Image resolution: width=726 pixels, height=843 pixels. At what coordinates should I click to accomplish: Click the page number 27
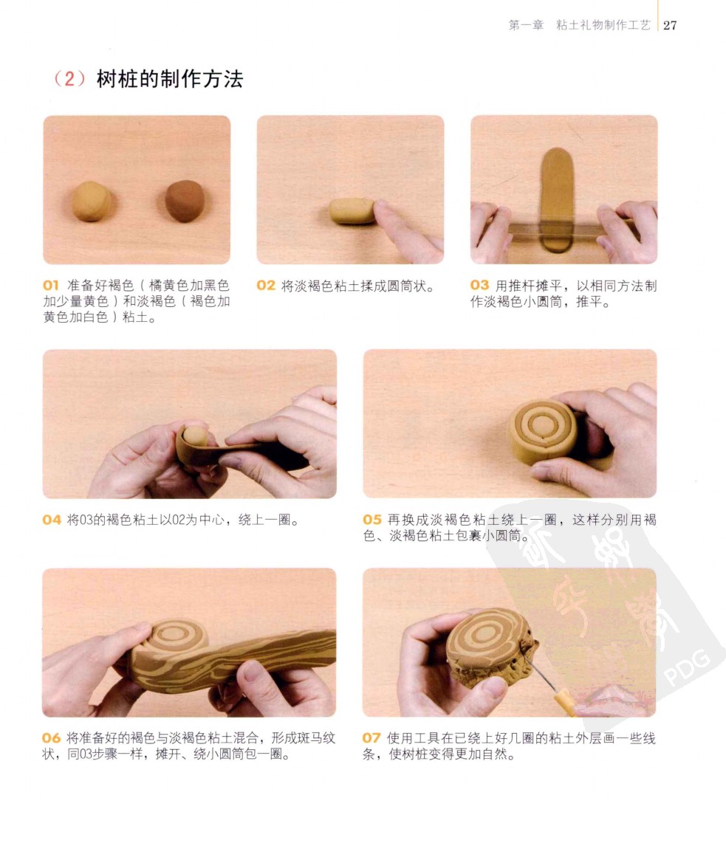click(670, 25)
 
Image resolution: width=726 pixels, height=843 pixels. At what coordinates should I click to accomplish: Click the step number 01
click(50, 285)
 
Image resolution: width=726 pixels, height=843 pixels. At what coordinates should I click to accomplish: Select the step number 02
click(266, 286)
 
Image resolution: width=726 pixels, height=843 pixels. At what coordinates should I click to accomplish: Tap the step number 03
click(479, 285)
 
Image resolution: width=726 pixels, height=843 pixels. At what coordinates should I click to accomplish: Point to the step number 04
click(52, 520)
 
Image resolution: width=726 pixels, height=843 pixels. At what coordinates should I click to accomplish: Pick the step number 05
click(372, 520)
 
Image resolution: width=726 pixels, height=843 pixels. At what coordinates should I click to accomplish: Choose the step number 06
click(51, 738)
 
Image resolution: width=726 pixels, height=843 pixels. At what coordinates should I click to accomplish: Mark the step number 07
click(371, 738)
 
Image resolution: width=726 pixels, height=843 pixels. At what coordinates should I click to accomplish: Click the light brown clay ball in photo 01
click(92, 201)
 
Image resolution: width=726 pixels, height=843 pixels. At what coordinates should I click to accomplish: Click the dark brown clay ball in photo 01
click(185, 201)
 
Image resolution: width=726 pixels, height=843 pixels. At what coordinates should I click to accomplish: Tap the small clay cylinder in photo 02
click(352, 211)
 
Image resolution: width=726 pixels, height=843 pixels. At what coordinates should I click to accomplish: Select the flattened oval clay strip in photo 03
click(557, 200)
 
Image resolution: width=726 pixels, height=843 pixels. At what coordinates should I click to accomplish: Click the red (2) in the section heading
click(70, 79)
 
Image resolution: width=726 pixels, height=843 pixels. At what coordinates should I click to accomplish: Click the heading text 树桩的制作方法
click(170, 79)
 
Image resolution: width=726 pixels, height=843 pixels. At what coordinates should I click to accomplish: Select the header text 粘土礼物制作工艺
click(603, 25)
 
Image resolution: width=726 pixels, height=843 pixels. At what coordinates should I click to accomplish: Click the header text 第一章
click(526, 25)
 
